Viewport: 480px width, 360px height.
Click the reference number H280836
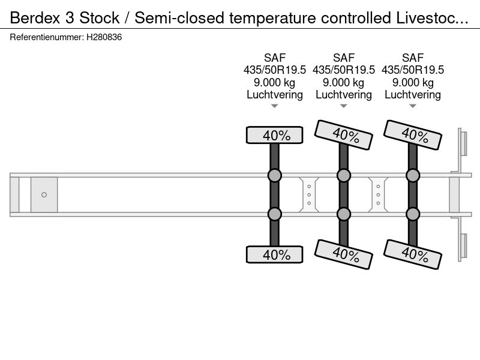(104, 37)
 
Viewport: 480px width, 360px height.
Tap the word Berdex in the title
(35, 18)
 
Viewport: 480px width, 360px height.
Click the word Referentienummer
(47, 37)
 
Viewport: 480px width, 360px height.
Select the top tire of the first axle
(275, 135)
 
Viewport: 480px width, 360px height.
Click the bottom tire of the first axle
(275, 254)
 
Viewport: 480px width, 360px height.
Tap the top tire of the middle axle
(343, 134)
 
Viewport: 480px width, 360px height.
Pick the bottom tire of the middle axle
(343, 254)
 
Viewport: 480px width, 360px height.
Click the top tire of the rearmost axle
(413, 134)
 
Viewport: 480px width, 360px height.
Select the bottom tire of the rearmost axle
(413, 254)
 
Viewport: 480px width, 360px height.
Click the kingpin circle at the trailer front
(44, 194)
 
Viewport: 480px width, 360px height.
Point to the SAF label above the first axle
(275, 58)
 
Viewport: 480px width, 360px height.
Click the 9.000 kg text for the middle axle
(343, 82)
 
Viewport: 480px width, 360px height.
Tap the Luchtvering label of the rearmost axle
(413, 95)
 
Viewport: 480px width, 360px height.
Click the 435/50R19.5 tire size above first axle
(275, 70)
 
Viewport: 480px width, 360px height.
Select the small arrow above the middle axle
(343, 106)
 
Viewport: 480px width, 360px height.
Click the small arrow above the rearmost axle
(413, 106)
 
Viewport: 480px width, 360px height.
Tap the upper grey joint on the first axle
(275, 175)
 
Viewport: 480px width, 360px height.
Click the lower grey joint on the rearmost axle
(413, 214)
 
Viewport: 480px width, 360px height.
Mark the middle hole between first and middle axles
(309, 194)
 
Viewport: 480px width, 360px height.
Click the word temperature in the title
(272, 18)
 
